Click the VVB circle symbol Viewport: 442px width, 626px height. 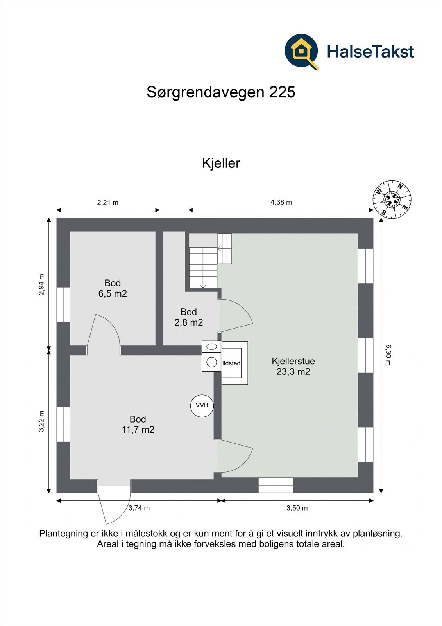(x=202, y=405)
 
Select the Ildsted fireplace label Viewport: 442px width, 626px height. (x=231, y=363)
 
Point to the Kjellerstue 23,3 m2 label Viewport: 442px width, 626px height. (x=293, y=366)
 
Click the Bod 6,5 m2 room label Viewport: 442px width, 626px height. (x=113, y=288)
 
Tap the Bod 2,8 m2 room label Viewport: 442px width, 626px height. (x=188, y=317)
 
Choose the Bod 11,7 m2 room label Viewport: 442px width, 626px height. (x=138, y=425)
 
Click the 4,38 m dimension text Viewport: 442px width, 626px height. (x=281, y=202)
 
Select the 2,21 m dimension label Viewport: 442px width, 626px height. (x=107, y=203)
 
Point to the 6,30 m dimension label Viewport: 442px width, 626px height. (x=388, y=354)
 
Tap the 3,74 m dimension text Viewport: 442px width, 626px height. (x=139, y=508)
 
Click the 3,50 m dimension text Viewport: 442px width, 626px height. (x=297, y=508)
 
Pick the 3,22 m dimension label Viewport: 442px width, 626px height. (x=41, y=421)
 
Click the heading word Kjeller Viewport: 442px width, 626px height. (x=221, y=163)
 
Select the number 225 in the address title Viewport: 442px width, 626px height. (x=282, y=92)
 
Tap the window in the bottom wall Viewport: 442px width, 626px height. (x=276, y=485)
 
